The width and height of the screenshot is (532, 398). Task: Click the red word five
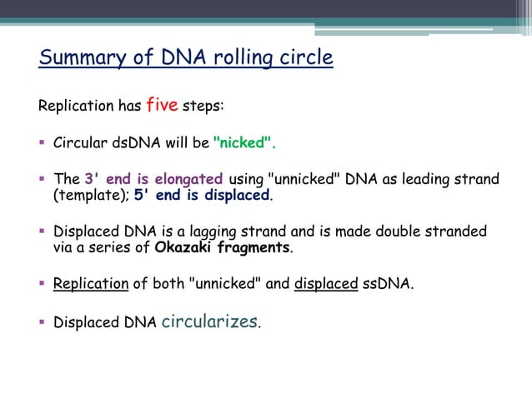click(x=161, y=106)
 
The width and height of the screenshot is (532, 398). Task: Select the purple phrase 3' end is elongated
click(x=153, y=179)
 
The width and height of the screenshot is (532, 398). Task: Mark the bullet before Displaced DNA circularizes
click(x=43, y=322)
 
